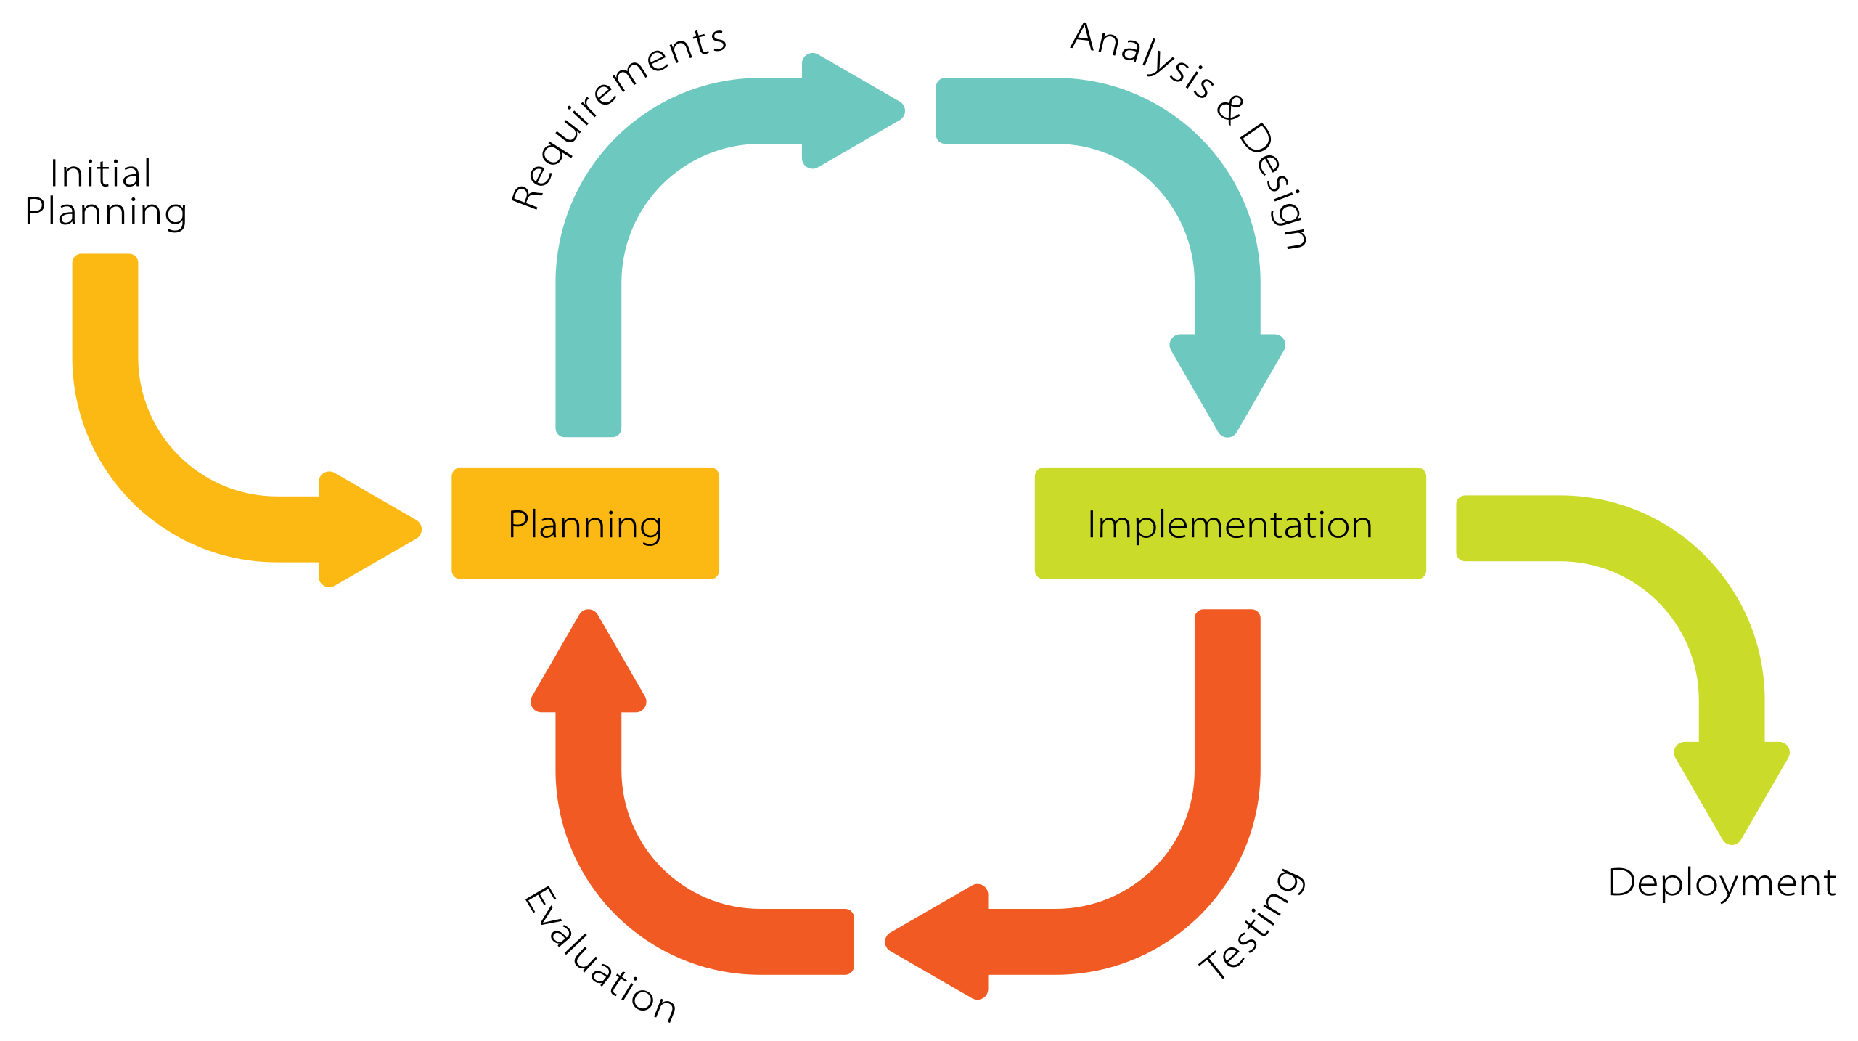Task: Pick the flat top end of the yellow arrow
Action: click(105, 265)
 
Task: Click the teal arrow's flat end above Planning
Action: click(588, 425)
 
